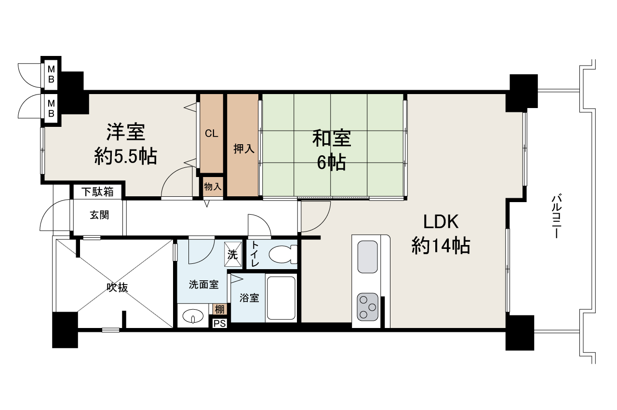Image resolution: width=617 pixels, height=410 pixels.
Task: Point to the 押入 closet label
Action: click(243, 149)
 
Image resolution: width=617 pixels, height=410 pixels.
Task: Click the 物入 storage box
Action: click(213, 186)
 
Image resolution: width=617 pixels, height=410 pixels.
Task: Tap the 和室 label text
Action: click(332, 139)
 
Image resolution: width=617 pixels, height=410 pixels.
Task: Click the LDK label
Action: click(440, 222)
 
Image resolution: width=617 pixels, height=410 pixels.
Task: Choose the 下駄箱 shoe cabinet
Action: click(97, 191)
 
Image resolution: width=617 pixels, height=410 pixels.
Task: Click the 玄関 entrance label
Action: click(99, 215)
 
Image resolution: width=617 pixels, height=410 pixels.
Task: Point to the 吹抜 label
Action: click(117, 288)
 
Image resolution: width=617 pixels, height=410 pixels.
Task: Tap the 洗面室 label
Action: click(203, 285)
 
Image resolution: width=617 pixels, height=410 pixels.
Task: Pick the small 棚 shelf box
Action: click(219, 310)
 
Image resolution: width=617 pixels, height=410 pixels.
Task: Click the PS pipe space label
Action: click(219, 324)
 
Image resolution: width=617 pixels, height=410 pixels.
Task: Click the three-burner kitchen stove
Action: click(367, 308)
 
